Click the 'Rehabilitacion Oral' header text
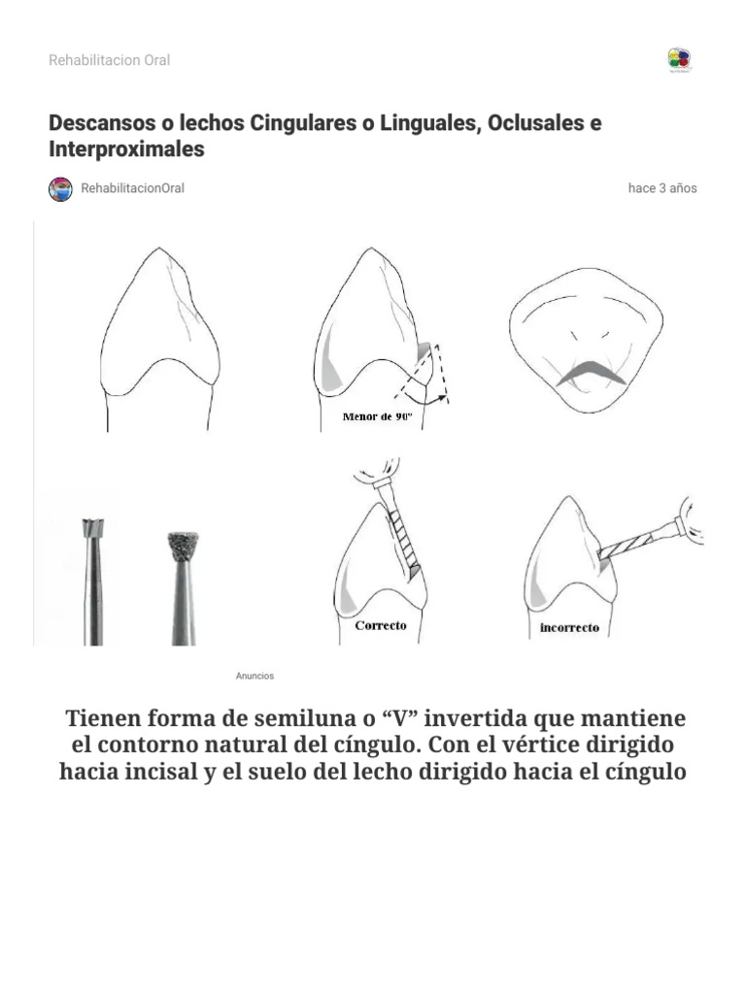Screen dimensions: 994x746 coord(109,60)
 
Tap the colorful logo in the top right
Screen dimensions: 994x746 coord(679,59)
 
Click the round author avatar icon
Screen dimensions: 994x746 coord(60,189)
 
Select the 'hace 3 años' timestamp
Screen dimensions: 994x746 coord(662,188)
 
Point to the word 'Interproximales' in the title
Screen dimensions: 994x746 coord(126,149)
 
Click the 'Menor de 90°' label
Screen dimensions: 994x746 coord(378,417)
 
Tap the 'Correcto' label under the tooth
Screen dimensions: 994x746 coord(381,626)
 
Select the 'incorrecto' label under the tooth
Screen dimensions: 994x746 coord(569,628)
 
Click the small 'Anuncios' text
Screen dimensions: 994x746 coord(254,676)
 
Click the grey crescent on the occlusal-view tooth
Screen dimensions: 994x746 coord(589,372)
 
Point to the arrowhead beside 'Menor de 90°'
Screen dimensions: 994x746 coord(443,396)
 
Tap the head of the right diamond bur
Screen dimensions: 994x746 coord(183,546)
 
